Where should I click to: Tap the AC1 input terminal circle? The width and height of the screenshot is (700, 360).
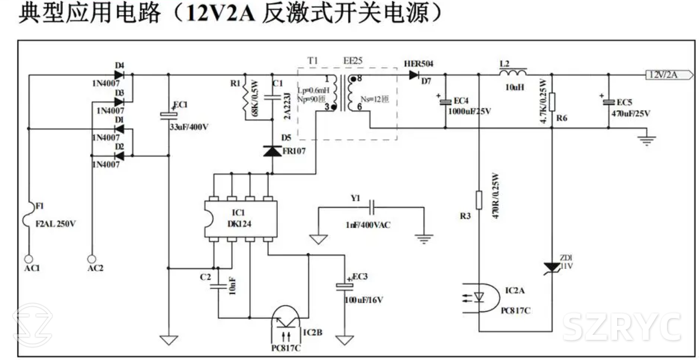tap(29, 259)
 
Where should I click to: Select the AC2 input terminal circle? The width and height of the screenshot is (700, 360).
tap(91, 259)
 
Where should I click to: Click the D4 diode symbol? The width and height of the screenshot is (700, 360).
tap(119, 74)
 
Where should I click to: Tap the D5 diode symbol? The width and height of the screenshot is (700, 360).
tap(272, 151)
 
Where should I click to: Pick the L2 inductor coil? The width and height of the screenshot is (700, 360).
tap(512, 73)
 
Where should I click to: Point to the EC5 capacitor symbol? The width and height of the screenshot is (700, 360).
tap(608, 102)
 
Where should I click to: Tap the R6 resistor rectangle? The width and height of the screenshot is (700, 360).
tap(552, 102)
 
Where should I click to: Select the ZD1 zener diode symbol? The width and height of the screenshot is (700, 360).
tap(552, 267)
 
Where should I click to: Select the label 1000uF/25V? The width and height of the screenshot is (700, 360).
tap(469, 111)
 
